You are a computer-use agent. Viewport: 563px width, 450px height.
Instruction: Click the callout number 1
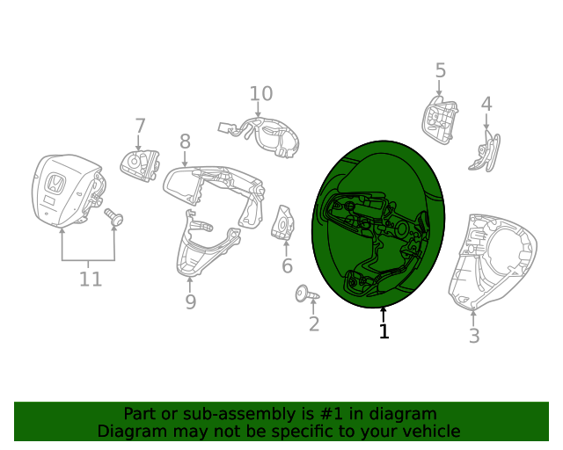(x=384, y=331)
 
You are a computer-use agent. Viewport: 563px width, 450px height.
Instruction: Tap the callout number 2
(x=314, y=324)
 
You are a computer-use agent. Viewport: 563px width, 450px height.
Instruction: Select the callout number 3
(x=474, y=336)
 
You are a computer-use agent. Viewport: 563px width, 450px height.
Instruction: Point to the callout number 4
(x=486, y=104)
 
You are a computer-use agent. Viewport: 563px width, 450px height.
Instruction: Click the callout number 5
(x=441, y=70)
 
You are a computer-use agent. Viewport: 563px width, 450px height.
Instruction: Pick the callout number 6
(x=287, y=266)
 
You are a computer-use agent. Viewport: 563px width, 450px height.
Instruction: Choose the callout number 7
(x=140, y=126)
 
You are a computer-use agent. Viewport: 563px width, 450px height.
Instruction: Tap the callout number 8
(x=185, y=142)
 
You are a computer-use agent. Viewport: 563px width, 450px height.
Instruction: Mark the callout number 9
(x=191, y=302)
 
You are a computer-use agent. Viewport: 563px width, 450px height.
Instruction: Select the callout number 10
(x=261, y=94)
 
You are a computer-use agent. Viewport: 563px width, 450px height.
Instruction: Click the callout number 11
(x=91, y=279)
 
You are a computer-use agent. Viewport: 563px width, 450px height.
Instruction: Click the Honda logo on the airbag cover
(x=56, y=183)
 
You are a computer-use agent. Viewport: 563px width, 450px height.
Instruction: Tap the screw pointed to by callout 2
(x=307, y=294)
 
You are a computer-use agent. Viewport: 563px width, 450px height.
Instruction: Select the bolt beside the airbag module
(x=113, y=217)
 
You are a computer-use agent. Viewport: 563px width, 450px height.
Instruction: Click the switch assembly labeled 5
(x=440, y=120)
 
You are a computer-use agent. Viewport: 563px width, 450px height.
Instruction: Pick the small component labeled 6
(x=283, y=222)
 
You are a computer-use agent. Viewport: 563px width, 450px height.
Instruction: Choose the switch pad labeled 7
(x=140, y=165)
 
